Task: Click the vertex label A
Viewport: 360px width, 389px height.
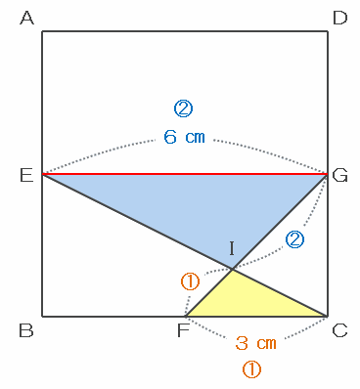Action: coord(27,18)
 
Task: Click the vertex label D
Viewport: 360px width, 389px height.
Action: coord(339,18)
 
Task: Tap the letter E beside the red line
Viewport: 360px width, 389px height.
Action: coord(26,176)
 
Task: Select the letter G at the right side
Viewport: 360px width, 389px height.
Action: coord(339,176)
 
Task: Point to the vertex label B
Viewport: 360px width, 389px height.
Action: coord(26,330)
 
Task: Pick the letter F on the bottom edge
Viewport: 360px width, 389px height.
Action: coord(183,330)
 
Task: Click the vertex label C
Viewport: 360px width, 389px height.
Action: coord(339,330)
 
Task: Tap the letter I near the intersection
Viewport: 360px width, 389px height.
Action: coord(232,248)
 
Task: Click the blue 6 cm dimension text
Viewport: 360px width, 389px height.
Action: coord(184,137)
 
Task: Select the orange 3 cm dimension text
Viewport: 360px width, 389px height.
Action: coord(255,343)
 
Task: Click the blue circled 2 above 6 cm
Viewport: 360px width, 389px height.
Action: coord(184,108)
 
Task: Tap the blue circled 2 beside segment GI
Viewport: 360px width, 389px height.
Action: coord(294,239)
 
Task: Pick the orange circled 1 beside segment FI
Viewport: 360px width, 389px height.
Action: coord(190,282)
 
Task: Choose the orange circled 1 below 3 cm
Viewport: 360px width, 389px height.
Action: coord(251,369)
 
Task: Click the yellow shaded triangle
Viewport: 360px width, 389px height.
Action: coord(247,301)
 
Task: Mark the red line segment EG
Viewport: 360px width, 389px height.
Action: coord(185,174)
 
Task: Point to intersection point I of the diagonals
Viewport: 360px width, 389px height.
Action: coord(232,269)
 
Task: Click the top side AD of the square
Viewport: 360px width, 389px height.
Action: coord(185,31)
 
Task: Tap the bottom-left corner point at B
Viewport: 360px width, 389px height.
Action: coord(42,316)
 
